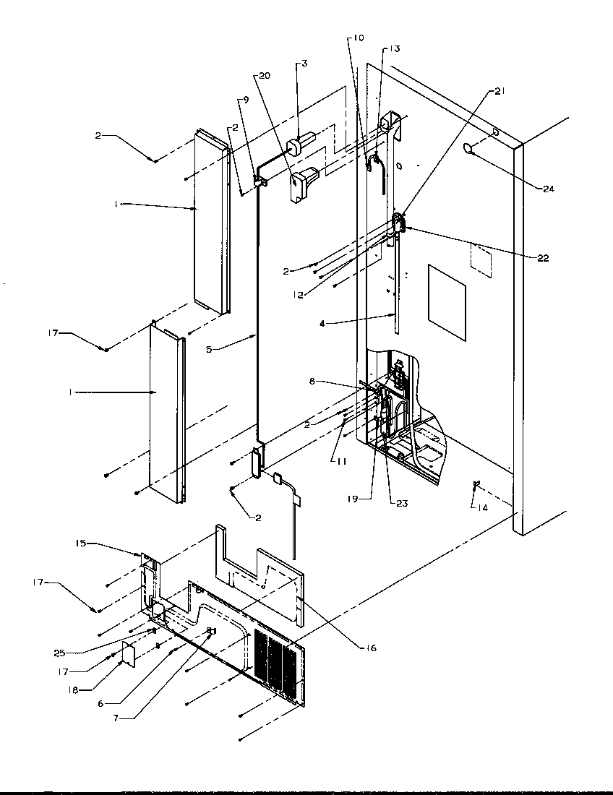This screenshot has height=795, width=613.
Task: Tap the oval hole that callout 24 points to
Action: point(468,149)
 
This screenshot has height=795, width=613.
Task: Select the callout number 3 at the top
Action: point(305,64)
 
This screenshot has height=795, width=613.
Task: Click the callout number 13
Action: point(394,48)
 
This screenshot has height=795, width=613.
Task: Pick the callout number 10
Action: point(359,37)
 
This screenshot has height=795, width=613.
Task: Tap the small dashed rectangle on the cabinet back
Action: point(481,260)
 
